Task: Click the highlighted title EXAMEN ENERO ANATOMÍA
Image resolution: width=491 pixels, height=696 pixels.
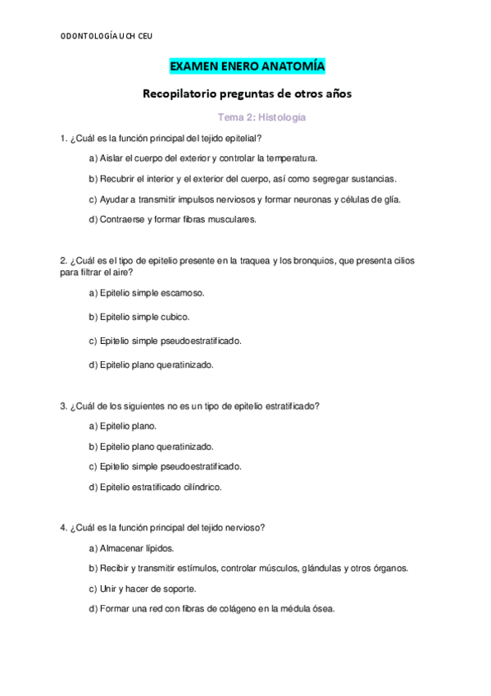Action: tap(247, 66)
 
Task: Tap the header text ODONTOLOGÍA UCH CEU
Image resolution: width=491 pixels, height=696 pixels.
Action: tap(107, 35)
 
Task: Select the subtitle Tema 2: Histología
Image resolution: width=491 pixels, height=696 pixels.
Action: tap(261, 118)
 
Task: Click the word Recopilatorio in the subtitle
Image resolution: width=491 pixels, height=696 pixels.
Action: tap(183, 94)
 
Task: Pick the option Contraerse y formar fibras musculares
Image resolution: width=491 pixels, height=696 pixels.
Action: tap(172, 219)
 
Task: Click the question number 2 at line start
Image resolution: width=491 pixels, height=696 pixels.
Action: tap(63, 260)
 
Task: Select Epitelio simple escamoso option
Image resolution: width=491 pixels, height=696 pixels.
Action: tap(146, 292)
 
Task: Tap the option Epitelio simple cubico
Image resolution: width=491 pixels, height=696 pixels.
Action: tap(139, 316)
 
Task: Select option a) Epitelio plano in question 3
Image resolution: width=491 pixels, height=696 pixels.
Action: tap(122, 426)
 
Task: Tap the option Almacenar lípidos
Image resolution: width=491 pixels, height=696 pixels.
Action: tap(130, 547)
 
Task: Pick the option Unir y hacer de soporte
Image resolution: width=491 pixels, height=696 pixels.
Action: tap(142, 588)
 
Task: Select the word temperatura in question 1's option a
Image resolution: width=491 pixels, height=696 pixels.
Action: tap(289, 158)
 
